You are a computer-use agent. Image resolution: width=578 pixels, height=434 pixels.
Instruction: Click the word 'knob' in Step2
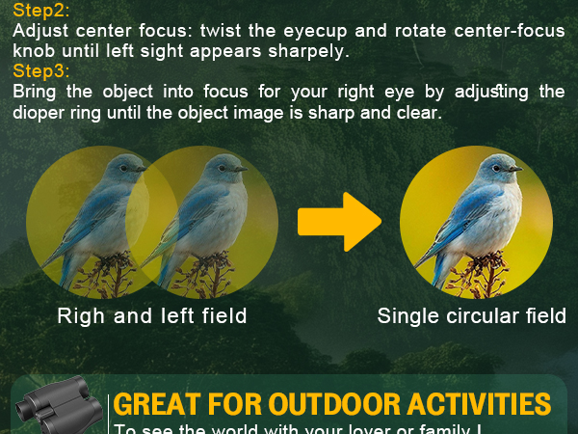35,50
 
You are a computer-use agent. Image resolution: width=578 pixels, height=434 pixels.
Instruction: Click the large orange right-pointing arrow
338,221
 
